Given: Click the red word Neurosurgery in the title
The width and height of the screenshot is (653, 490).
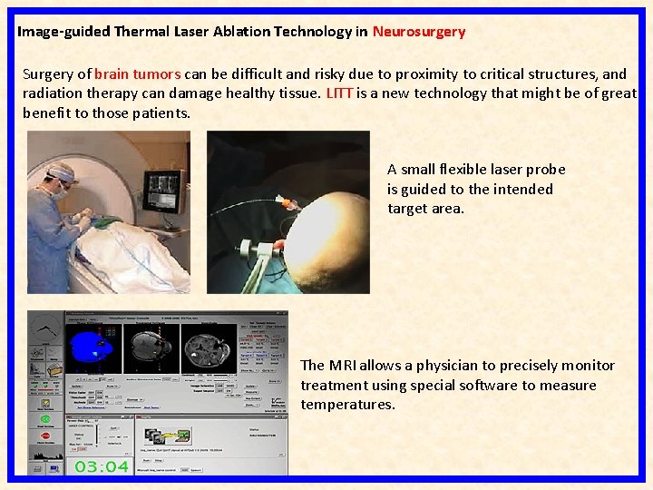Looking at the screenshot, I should point(418,32).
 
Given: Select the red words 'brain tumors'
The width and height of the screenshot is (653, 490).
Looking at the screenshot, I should point(137,74).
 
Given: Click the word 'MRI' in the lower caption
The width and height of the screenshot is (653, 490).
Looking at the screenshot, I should point(342,366).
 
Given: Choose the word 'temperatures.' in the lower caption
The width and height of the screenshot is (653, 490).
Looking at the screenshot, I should point(348,405).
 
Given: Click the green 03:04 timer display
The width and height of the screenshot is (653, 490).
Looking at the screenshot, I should point(101,466).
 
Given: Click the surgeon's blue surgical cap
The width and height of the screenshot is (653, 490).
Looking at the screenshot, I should point(63,170).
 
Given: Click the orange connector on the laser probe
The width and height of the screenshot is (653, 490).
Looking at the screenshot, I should point(288,202).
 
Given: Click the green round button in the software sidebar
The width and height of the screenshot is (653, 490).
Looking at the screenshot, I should point(44,420).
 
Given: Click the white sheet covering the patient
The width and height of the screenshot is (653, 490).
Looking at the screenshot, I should point(127,250).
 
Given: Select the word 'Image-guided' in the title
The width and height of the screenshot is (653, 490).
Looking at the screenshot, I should point(63,32).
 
